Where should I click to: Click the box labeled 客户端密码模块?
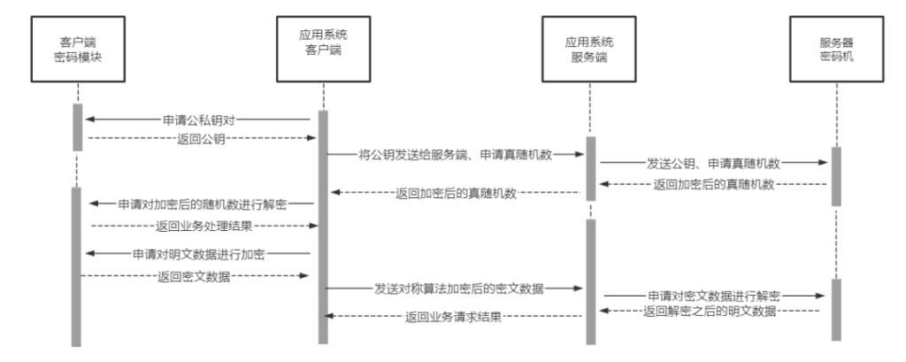(78, 50)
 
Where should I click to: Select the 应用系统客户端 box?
(324, 50)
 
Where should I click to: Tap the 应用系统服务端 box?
(589, 50)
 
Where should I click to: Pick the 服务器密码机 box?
(837, 50)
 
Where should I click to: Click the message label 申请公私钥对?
(199, 119)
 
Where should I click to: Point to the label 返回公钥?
(201, 138)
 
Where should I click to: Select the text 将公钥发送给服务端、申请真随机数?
(456, 154)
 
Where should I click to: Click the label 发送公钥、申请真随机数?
(714, 163)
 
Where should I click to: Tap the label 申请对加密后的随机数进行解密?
(203, 204)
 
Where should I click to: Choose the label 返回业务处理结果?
(204, 226)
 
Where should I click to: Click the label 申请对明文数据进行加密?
(199, 254)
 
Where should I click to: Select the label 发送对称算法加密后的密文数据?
(459, 289)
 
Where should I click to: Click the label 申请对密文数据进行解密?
(714, 297)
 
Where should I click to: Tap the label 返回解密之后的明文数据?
(710, 312)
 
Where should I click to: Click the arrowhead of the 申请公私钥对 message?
(89, 119)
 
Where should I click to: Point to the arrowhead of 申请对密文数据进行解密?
(821, 296)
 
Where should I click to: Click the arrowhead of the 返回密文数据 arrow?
(305, 276)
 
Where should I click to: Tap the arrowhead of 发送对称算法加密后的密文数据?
(579, 288)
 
